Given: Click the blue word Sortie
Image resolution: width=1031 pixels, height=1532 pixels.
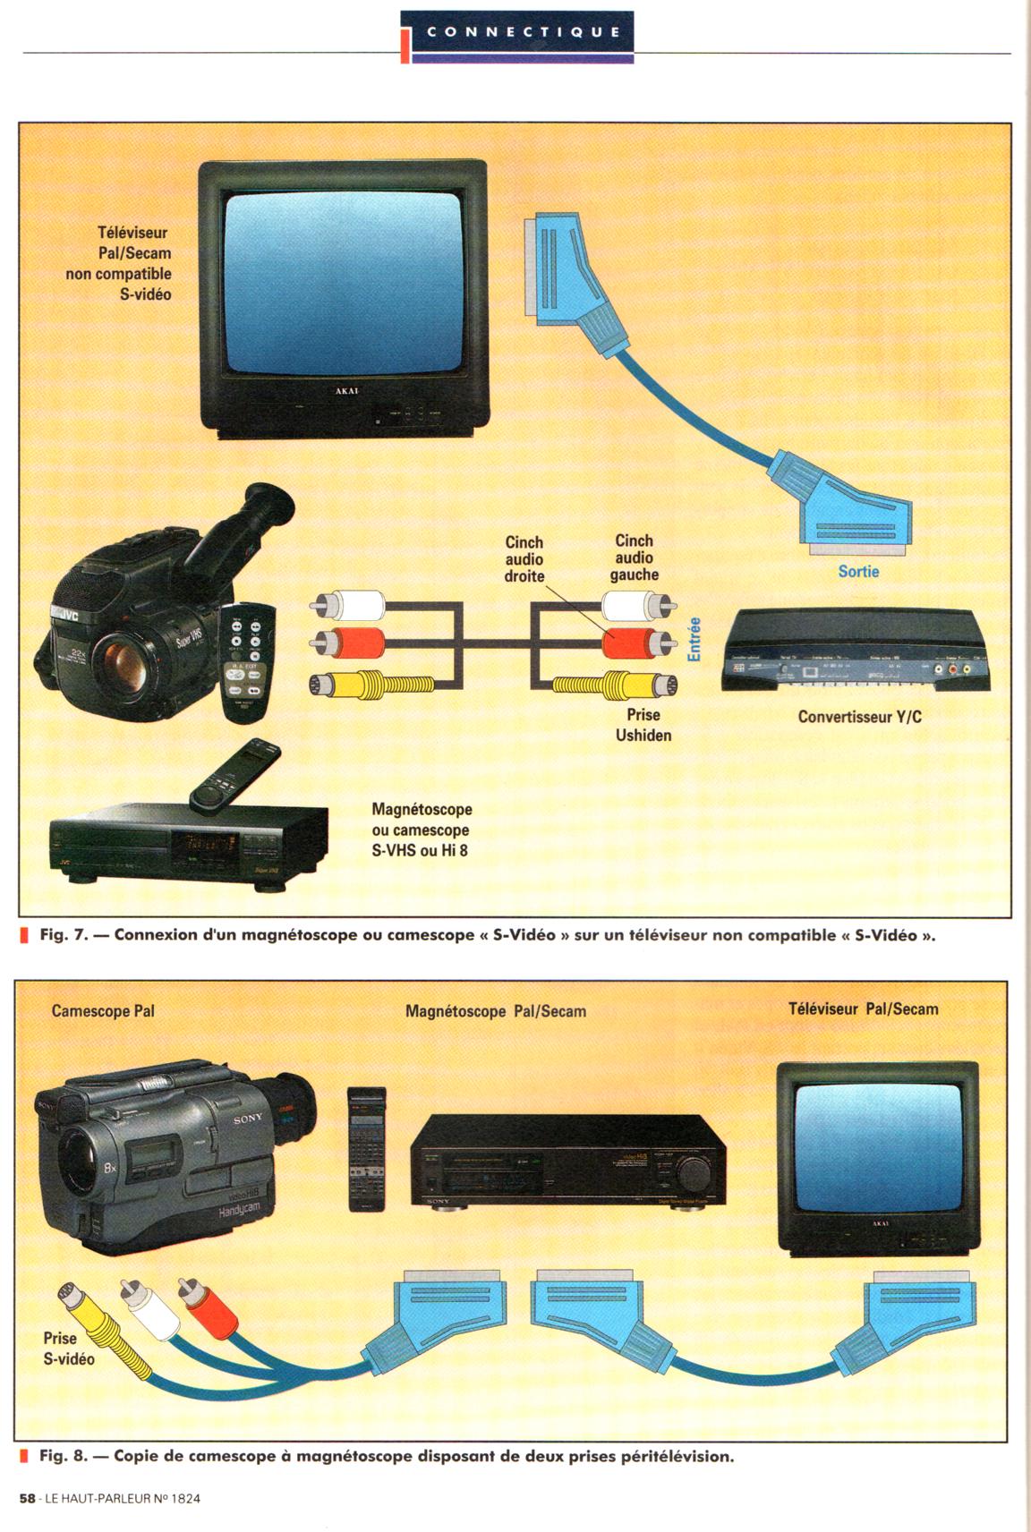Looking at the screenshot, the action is pos(858,571).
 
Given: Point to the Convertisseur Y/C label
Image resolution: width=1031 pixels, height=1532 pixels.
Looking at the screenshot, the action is pos(859,717).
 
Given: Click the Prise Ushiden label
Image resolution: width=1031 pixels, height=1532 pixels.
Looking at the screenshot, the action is pos(643,725).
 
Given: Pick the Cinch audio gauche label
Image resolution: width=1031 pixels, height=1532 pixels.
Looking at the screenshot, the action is pos(634,557).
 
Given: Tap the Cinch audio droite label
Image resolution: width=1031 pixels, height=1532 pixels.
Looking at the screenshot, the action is pos(524,559).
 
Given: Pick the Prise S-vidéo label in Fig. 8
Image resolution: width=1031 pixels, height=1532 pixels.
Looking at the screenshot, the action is pos(68,1349).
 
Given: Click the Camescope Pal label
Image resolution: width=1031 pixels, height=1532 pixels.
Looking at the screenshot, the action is pos(103,1011).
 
